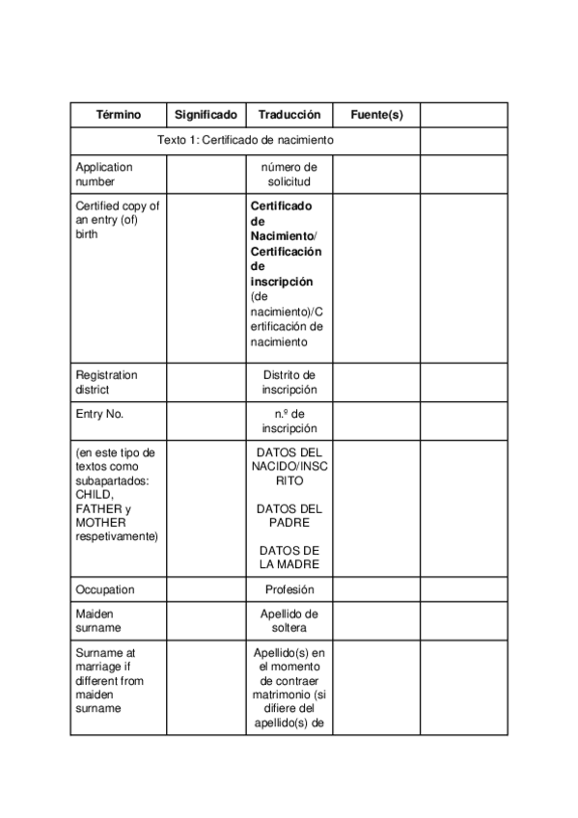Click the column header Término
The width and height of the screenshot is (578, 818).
pos(118,115)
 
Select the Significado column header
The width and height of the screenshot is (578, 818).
pos(206,115)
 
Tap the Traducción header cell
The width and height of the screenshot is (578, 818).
pos(289,115)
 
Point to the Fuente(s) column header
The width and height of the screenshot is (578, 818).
pos(376,115)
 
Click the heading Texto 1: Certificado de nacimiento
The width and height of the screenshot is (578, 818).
pos(245,140)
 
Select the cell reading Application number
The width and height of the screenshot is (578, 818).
pos(104,174)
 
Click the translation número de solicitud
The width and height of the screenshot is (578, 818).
pos(289,174)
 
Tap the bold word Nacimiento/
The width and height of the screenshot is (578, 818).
pos(285,236)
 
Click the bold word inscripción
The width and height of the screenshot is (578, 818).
pos(282,282)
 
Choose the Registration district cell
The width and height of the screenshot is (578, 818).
pos(107,382)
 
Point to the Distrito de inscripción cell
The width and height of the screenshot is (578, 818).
pos(289,382)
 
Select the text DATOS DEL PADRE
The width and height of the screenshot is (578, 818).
pos(289,515)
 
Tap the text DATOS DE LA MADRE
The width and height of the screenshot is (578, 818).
pos(289,558)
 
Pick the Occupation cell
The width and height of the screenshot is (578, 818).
pos(105,588)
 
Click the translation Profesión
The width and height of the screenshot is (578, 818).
pos(289,588)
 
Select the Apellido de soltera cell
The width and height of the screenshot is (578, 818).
pos(289,620)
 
